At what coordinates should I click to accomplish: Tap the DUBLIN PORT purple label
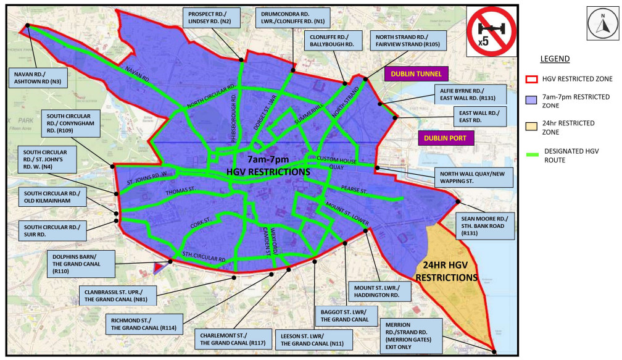[x=446, y=138]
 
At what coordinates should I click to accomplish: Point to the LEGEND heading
[x=555, y=59]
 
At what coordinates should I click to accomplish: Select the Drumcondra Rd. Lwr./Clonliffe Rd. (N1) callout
[x=292, y=17]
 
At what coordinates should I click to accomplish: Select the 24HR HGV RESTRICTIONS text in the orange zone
[x=446, y=272]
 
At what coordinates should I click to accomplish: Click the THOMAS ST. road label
[x=180, y=193]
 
